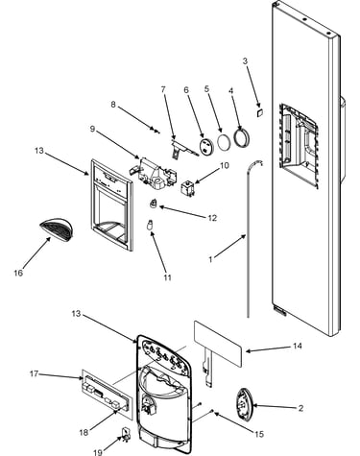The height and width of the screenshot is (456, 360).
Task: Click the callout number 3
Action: point(245,60)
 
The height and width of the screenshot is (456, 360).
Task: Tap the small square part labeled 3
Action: point(259,111)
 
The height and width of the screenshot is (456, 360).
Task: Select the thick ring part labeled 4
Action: point(242,137)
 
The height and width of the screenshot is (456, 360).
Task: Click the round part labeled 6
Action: point(206,147)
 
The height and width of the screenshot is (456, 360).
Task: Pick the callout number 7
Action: point(163,89)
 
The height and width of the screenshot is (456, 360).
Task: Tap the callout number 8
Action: point(113,105)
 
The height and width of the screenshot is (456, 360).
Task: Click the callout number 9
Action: point(92,129)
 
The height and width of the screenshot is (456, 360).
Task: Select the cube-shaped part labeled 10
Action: point(187,187)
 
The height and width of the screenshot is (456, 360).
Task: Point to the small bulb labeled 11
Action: point(149,225)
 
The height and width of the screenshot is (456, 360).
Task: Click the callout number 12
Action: point(212,218)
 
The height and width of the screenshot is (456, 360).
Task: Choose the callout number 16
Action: point(18,273)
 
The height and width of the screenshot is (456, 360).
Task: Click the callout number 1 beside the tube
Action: point(210,259)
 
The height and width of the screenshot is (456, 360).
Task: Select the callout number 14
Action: point(298,346)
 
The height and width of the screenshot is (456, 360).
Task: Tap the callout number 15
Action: point(259,434)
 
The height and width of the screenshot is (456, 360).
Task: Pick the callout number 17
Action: point(35,373)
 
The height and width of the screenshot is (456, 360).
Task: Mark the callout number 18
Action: point(84,433)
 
